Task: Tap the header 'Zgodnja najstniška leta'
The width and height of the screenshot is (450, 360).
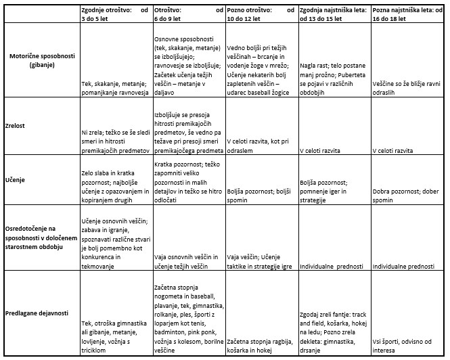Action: tap(334, 16)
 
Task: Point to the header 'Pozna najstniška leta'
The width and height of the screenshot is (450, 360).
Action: tap(407, 16)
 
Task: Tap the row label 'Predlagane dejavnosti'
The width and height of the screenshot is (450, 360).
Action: tap(37, 313)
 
